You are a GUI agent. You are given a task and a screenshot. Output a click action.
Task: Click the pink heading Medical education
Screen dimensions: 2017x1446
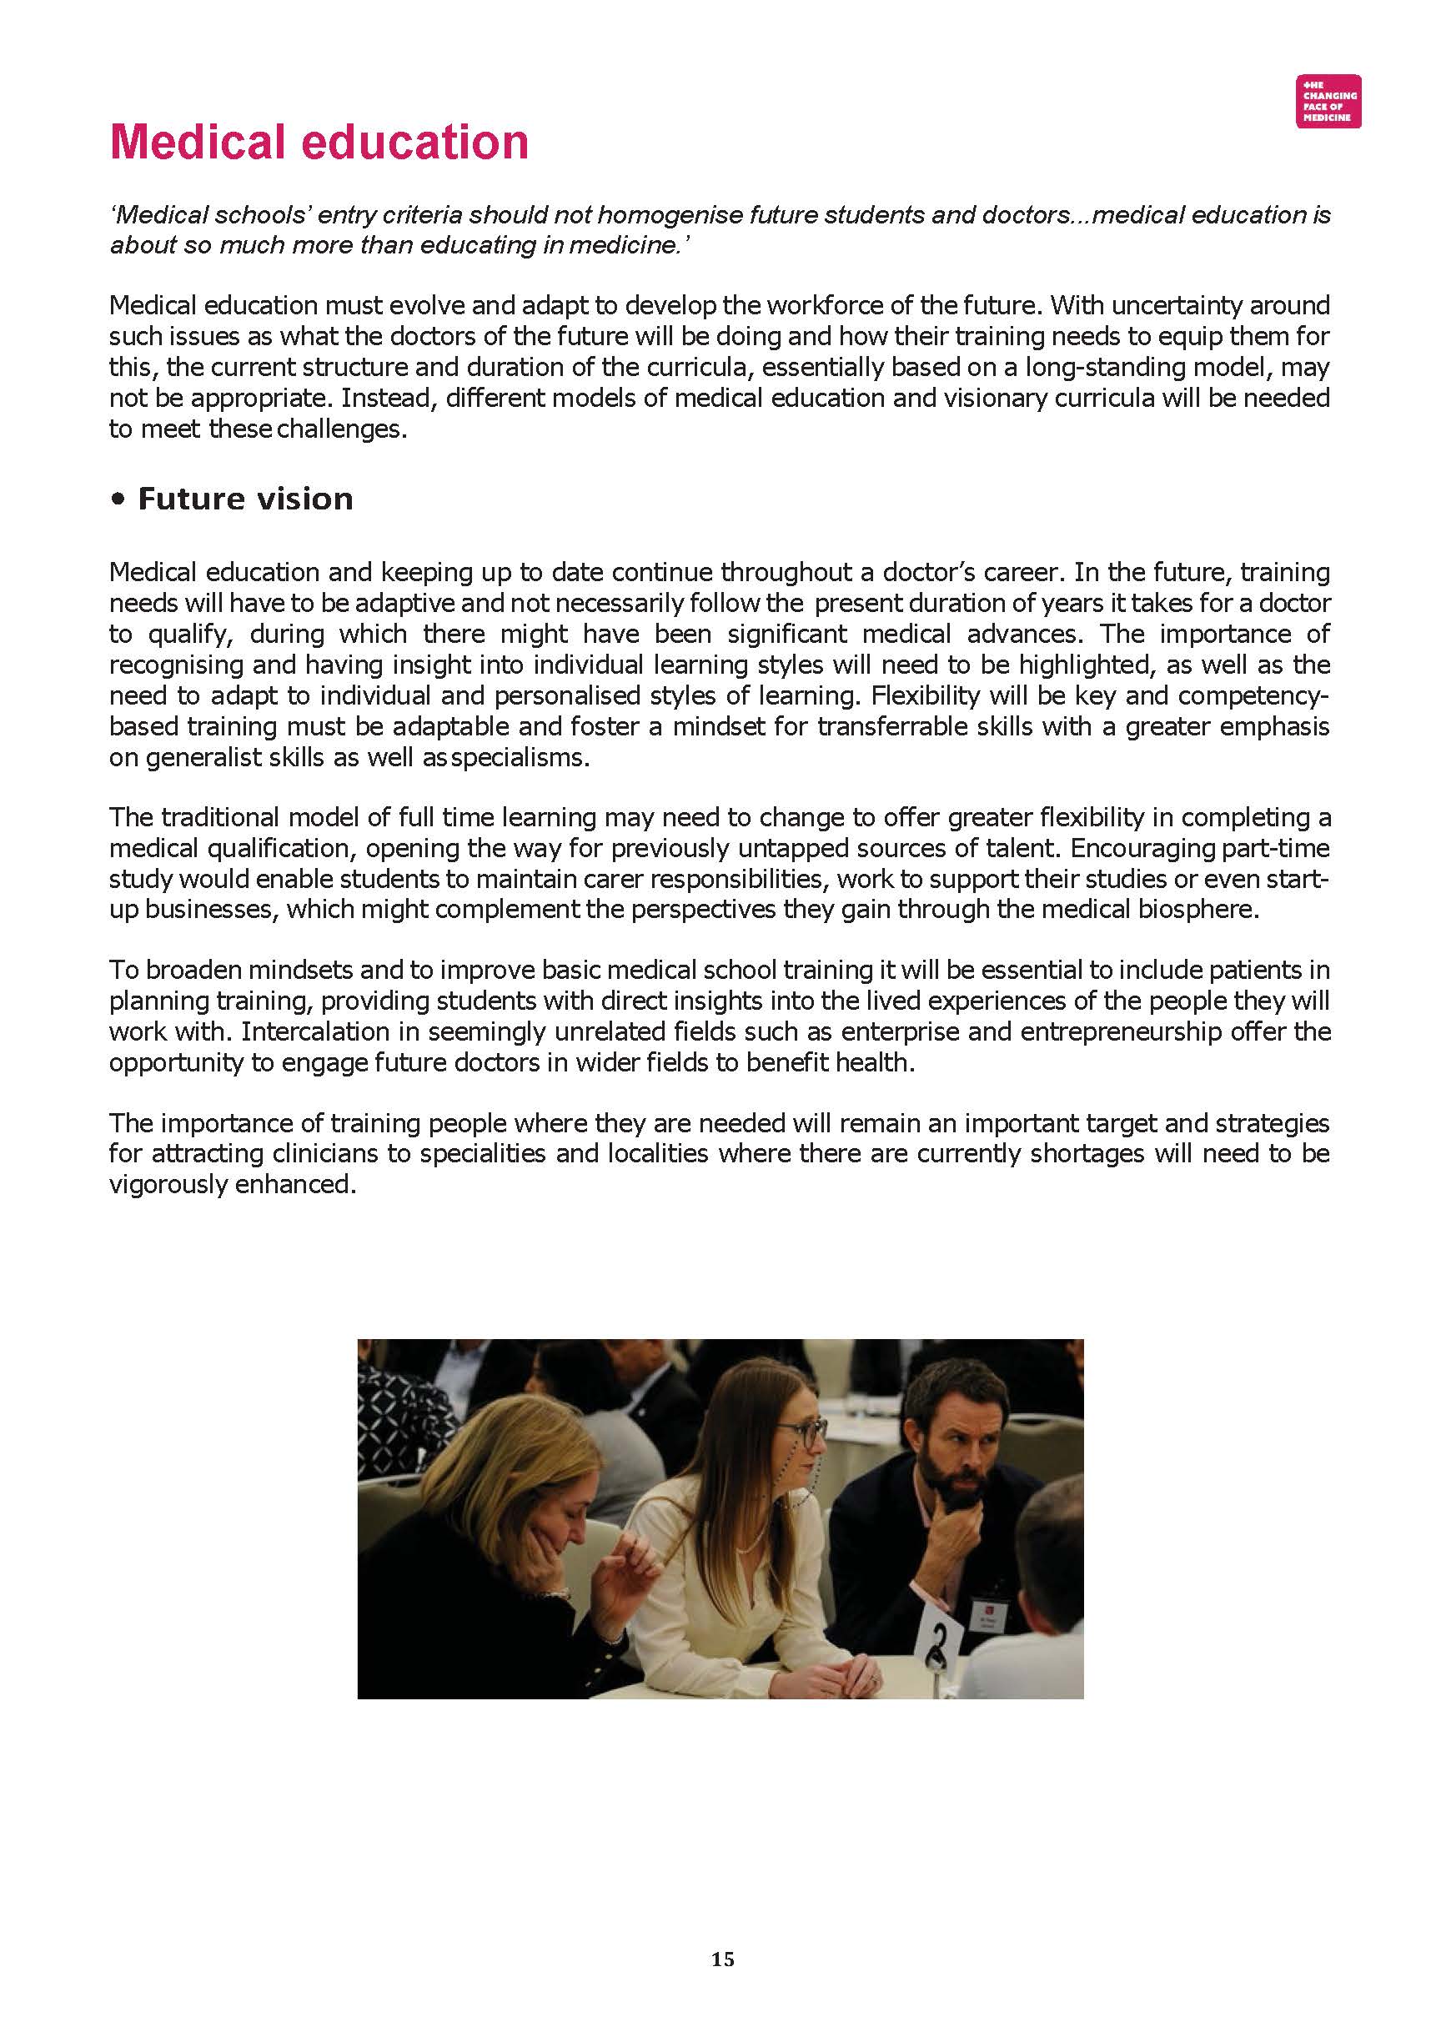coord(319,143)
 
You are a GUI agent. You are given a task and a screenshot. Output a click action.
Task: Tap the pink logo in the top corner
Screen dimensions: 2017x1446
coord(1328,102)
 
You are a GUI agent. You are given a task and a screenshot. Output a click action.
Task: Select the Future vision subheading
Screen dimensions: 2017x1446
coord(244,499)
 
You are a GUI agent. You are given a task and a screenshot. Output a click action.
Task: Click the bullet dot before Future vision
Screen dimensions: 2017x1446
coord(118,500)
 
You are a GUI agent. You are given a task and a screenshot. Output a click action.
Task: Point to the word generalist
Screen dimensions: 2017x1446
coord(202,757)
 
